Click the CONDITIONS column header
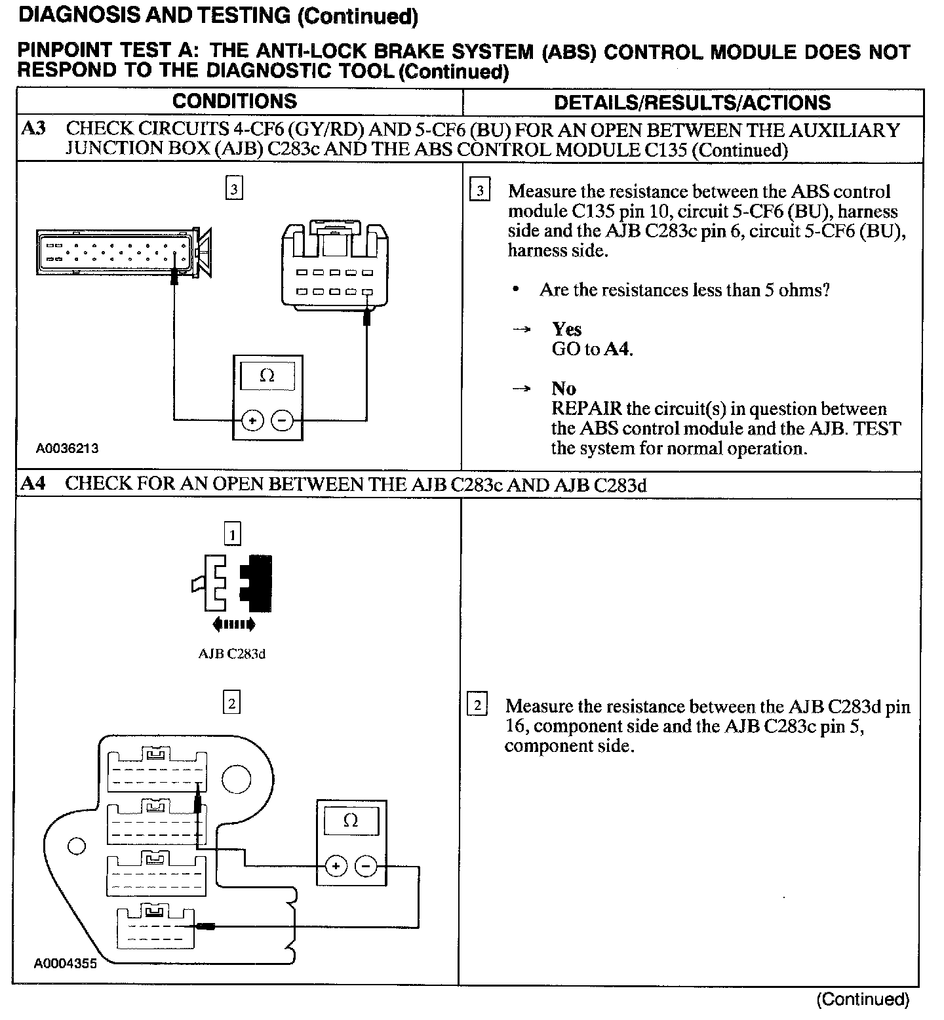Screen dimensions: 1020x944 click(234, 102)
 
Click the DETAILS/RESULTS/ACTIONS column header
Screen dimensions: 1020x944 click(692, 103)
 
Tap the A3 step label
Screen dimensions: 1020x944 click(33, 128)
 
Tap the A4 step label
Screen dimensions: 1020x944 click(33, 484)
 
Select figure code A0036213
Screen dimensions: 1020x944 click(68, 448)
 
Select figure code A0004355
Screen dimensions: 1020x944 click(66, 964)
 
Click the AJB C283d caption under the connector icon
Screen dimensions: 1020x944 click(232, 654)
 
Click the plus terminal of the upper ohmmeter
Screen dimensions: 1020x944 click(253, 420)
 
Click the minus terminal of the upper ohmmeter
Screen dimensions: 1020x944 click(282, 420)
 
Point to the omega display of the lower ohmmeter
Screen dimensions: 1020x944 click(351, 821)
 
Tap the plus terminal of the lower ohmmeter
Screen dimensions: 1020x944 click(336, 867)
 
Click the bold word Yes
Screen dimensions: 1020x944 click(566, 328)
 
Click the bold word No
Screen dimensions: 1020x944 click(564, 388)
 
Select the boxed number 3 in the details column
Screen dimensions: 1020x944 click(481, 191)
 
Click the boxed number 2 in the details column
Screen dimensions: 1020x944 click(477, 706)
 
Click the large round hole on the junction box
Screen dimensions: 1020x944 click(237, 779)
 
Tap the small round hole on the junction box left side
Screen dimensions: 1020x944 click(77, 846)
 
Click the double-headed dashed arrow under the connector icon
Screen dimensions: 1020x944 click(234, 624)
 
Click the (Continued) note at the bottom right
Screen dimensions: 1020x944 click(863, 1000)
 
